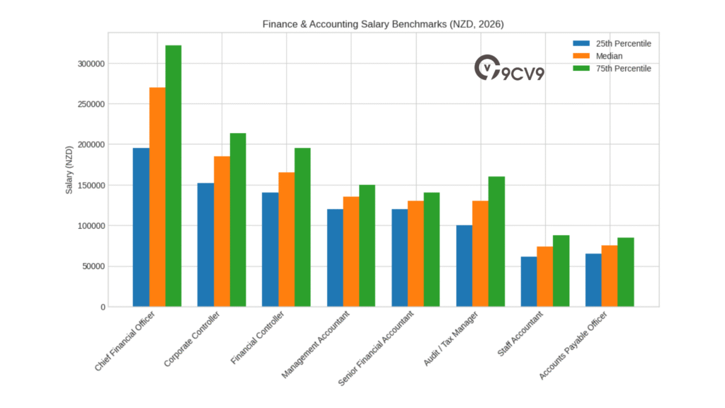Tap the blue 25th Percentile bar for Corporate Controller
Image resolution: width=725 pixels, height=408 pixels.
tap(205, 244)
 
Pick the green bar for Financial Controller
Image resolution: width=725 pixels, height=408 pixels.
tap(302, 227)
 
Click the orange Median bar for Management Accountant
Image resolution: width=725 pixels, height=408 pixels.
tap(351, 251)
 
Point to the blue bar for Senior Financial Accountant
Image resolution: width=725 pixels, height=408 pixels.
tap(399, 258)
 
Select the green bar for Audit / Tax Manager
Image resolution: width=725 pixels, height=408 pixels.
tap(496, 242)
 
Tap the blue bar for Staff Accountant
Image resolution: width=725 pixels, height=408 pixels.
tap(529, 281)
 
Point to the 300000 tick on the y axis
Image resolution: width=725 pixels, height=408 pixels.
tap(91, 64)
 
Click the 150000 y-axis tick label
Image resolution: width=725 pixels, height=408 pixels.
tap(91, 186)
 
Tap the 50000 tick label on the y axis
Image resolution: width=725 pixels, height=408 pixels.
tap(93, 266)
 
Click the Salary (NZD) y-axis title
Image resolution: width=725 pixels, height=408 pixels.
tap(69, 171)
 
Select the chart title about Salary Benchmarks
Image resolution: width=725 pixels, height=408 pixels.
tap(383, 24)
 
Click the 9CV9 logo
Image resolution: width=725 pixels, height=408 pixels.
tap(509, 69)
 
